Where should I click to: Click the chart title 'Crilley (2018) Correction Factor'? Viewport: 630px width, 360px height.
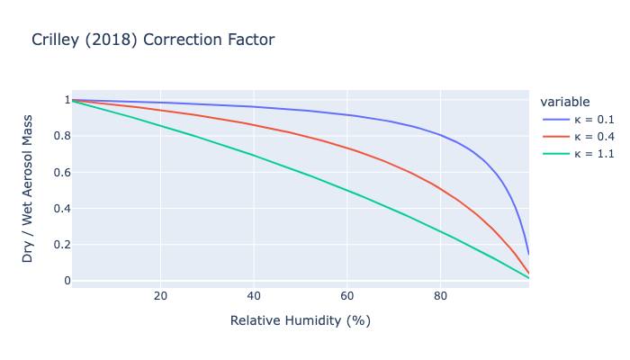pyautogui.click(x=152, y=40)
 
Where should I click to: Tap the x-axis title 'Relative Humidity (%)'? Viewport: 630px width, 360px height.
pyautogui.click(x=300, y=320)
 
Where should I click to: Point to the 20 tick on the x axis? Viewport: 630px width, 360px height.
pyautogui.click(x=160, y=296)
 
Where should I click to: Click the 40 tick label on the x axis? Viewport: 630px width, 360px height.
pyautogui.click(x=254, y=296)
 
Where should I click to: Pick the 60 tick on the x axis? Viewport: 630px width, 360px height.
pyautogui.click(x=346, y=296)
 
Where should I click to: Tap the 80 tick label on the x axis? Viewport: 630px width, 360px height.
pyautogui.click(x=440, y=296)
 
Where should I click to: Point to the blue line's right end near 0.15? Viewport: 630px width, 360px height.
pyautogui.click(x=528, y=253)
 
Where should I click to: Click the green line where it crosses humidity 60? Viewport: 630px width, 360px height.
pyautogui.click(x=346, y=190)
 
